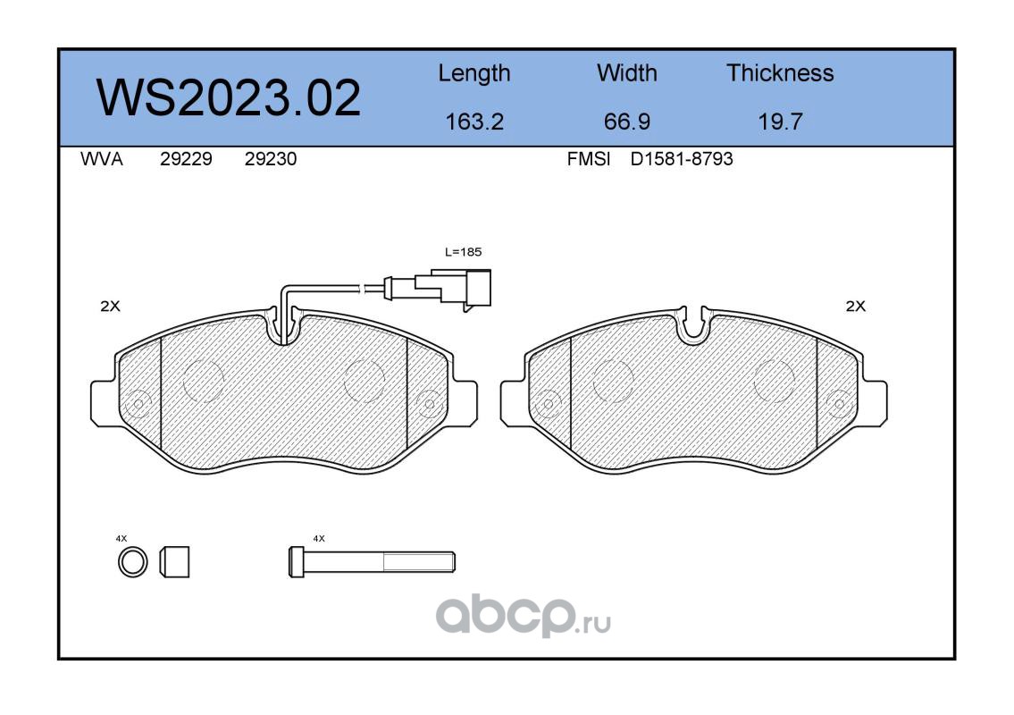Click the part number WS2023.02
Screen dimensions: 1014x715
[x=229, y=97]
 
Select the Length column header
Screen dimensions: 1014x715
[x=474, y=74]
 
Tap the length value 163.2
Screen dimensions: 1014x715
[x=474, y=122]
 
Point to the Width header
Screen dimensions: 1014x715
[x=626, y=73]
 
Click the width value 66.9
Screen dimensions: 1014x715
[x=626, y=122]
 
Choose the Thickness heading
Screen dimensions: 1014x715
[x=780, y=73]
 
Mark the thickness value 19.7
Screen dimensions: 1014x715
[x=780, y=122]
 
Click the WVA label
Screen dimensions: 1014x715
[x=102, y=159]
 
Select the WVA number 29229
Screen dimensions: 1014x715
[x=186, y=159]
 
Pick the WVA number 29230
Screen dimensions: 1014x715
[x=271, y=159]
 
